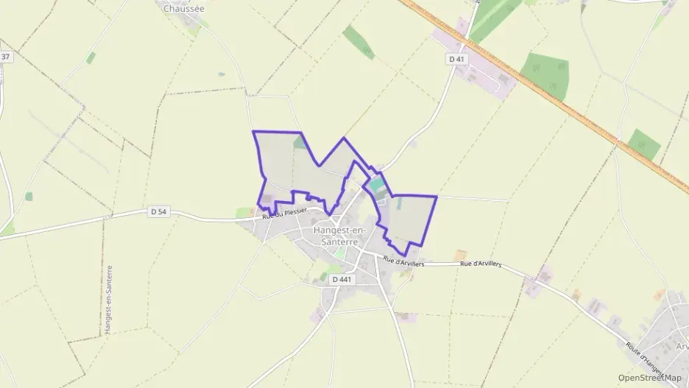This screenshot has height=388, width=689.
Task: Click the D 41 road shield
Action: coord(457,58)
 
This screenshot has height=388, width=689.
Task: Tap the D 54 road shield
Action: coord(159,211)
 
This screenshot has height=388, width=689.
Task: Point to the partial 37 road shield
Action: coord(6,57)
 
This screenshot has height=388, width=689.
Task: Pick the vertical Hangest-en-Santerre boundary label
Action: coord(109,300)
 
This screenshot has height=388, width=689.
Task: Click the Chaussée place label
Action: coord(183,9)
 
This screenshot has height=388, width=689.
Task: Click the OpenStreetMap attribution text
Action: coord(649,378)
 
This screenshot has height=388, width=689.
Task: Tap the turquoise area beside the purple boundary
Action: coord(376,186)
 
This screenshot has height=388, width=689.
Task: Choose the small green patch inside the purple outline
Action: coord(300,142)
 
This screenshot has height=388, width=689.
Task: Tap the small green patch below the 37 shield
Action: coord(28,197)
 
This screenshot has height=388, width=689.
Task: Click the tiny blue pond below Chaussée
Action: coord(221,74)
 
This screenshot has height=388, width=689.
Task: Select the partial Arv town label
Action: coord(681,347)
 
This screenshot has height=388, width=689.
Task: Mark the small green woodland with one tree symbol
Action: coord(644,144)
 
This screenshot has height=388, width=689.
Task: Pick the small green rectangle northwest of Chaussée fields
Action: coord(91,57)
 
